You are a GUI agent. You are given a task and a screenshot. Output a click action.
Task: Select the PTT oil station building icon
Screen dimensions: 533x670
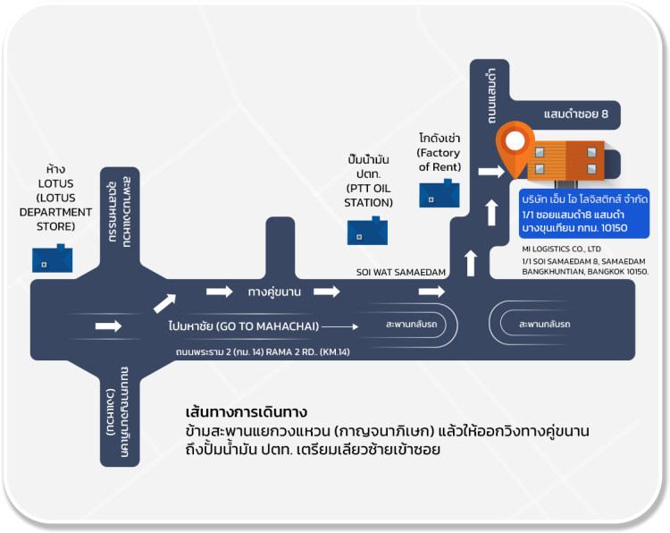pyautogui.click(x=368, y=231)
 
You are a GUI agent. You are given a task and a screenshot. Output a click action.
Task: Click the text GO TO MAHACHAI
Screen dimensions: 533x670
pyautogui.click(x=264, y=326)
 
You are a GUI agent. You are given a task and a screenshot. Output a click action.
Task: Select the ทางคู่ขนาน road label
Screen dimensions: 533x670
pyautogui.click(x=274, y=292)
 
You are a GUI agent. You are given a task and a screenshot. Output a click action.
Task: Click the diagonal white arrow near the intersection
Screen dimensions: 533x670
pyautogui.click(x=165, y=303)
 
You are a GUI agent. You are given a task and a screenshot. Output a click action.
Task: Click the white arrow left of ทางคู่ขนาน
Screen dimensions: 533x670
pyautogui.click(x=220, y=292)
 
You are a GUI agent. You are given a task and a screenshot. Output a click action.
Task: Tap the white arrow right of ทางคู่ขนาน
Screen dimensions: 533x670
pyautogui.click(x=327, y=292)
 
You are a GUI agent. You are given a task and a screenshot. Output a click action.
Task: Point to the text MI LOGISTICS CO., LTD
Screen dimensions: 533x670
pyautogui.click(x=563, y=249)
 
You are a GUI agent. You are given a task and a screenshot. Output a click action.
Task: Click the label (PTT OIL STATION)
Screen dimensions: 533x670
pyautogui.click(x=368, y=195)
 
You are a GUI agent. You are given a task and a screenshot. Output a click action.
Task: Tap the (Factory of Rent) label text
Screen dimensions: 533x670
pyautogui.click(x=440, y=160)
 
